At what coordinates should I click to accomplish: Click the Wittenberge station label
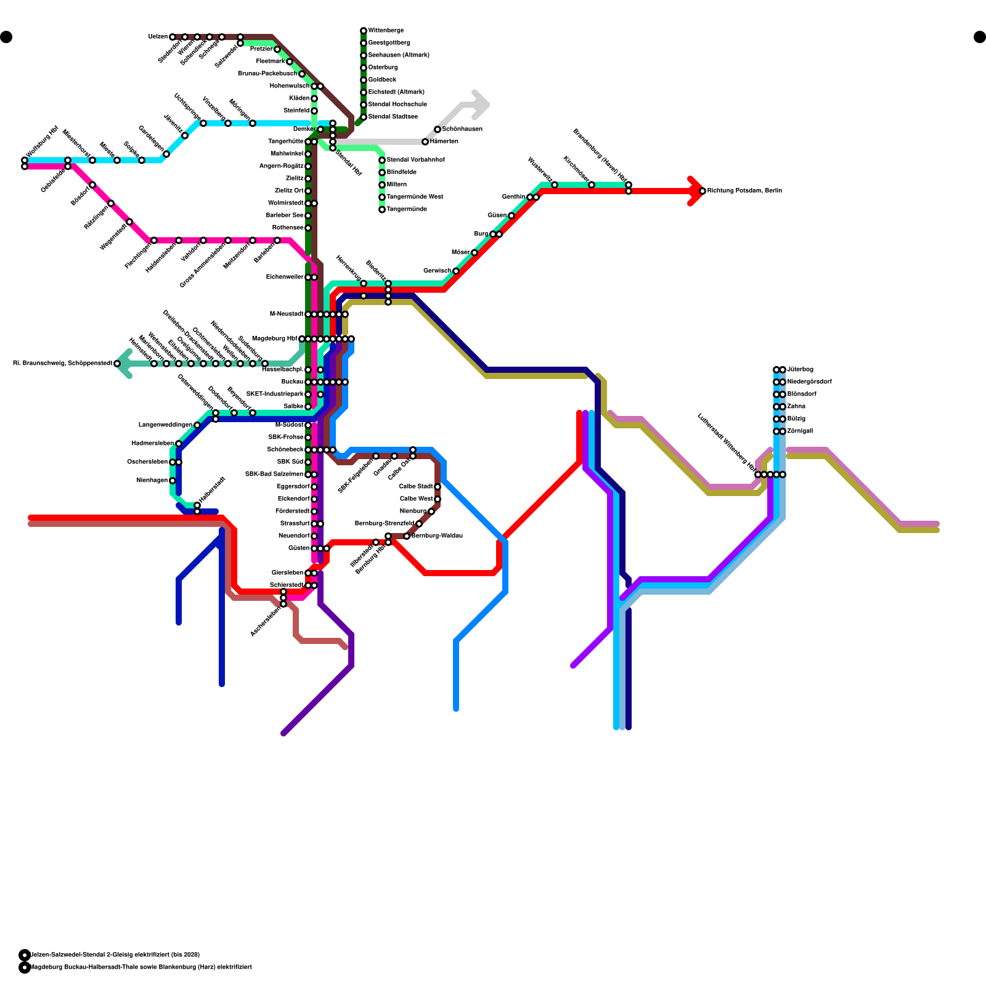click(386, 31)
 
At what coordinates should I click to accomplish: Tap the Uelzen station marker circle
click(173, 37)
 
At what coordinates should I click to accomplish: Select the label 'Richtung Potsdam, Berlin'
click(744, 191)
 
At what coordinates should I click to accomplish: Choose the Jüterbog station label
click(800, 370)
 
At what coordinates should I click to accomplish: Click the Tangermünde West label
click(414, 197)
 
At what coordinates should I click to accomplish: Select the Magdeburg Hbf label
click(274, 339)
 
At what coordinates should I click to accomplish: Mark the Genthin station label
click(513, 197)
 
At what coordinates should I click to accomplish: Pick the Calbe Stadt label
click(416, 487)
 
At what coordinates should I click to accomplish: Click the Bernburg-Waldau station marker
click(407, 536)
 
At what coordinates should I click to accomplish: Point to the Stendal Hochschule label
click(397, 105)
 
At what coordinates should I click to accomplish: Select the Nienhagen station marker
click(173, 481)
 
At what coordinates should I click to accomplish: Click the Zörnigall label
click(800, 431)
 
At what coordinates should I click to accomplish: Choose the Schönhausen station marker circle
click(438, 129)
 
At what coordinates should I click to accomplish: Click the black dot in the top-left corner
click(6, 37)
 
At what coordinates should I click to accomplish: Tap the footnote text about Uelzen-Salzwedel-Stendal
click(115, 955)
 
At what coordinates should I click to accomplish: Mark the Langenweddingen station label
click(165, 425)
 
